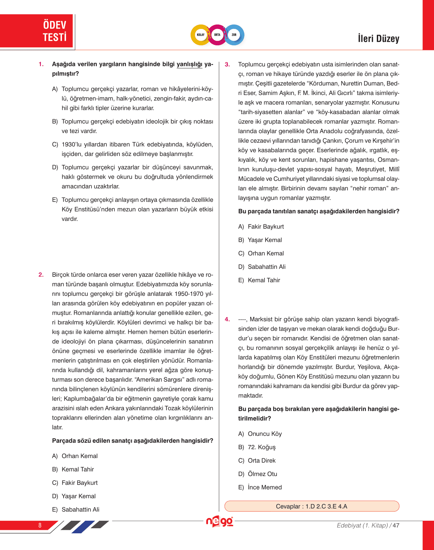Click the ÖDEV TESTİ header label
tap(54, 31)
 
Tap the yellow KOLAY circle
tap(201, 35)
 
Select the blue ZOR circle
tap(234, 35)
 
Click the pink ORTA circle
tap(217, 35)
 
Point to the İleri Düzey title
tap(378, 38)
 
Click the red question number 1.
tap(41, 64)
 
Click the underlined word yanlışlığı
tap(189, 64)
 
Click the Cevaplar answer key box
tap(311, 506)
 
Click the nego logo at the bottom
tap(220, 522)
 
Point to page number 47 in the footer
tap(396, 525)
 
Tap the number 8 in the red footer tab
tap(40, 525)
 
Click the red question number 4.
tap(227, 319)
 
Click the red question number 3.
tap(227, 64)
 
